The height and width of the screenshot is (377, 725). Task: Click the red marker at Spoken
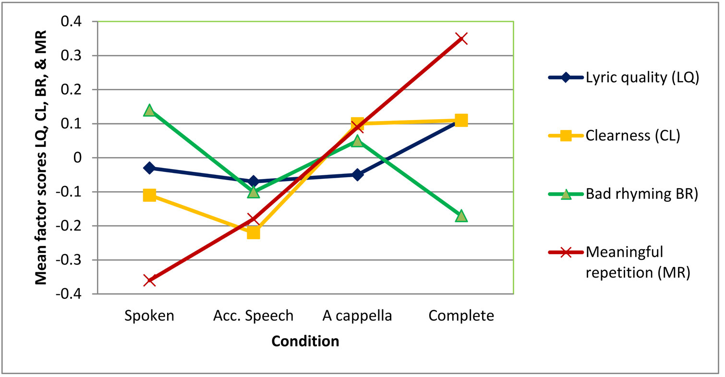point(149,280)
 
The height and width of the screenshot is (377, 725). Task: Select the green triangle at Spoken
point(149,110)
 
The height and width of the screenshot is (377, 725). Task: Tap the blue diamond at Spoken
point(149,168)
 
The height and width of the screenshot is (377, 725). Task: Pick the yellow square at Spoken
point(149,195)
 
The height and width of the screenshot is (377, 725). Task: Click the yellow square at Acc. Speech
point(253,232)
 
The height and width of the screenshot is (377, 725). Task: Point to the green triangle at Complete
point(461,216)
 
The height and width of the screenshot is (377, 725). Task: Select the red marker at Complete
point(461,38)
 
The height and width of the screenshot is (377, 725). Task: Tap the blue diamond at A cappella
point(357,174)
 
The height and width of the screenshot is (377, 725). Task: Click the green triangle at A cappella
point(357,141)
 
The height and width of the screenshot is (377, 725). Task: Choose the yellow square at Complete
point(461,120)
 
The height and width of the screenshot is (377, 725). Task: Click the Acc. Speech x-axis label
point(253,316)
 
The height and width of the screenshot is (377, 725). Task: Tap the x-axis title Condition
point(305,341)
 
